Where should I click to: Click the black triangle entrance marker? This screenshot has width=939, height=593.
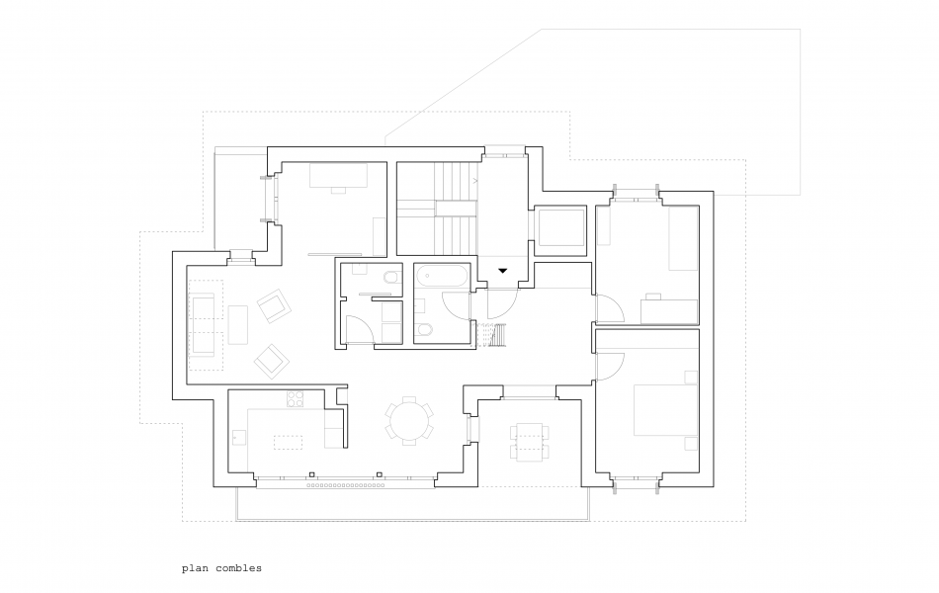503,271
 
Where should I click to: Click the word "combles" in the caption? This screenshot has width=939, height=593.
238,568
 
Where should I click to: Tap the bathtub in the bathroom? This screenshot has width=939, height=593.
442,278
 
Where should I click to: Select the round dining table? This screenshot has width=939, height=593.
409,421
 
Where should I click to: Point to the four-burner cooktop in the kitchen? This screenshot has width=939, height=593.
296,399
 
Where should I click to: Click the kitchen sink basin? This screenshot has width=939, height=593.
239,437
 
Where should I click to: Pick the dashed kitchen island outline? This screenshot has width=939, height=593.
288,442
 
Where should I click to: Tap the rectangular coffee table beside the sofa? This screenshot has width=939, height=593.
238,324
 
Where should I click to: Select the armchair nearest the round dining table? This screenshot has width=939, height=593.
272,361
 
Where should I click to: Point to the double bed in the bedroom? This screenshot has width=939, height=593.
666,410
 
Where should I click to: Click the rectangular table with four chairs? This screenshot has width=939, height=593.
529,442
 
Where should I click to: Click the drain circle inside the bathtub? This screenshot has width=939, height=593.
426,278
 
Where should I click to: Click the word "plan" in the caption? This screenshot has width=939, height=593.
196,568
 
